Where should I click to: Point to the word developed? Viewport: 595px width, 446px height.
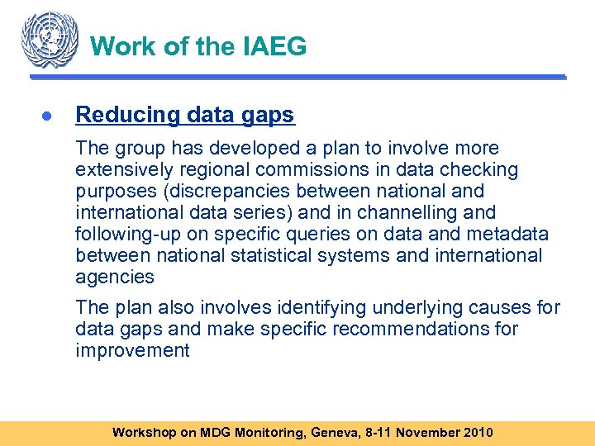pyautogui.click(x=246, y=149)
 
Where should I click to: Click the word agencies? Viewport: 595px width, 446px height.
pyautogui.click(x=115, y=278)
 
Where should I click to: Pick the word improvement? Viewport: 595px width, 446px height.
pyautogui.click(x=132, y=351)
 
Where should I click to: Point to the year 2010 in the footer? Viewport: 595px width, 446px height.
pyautogui.click(x=477, y=432)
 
